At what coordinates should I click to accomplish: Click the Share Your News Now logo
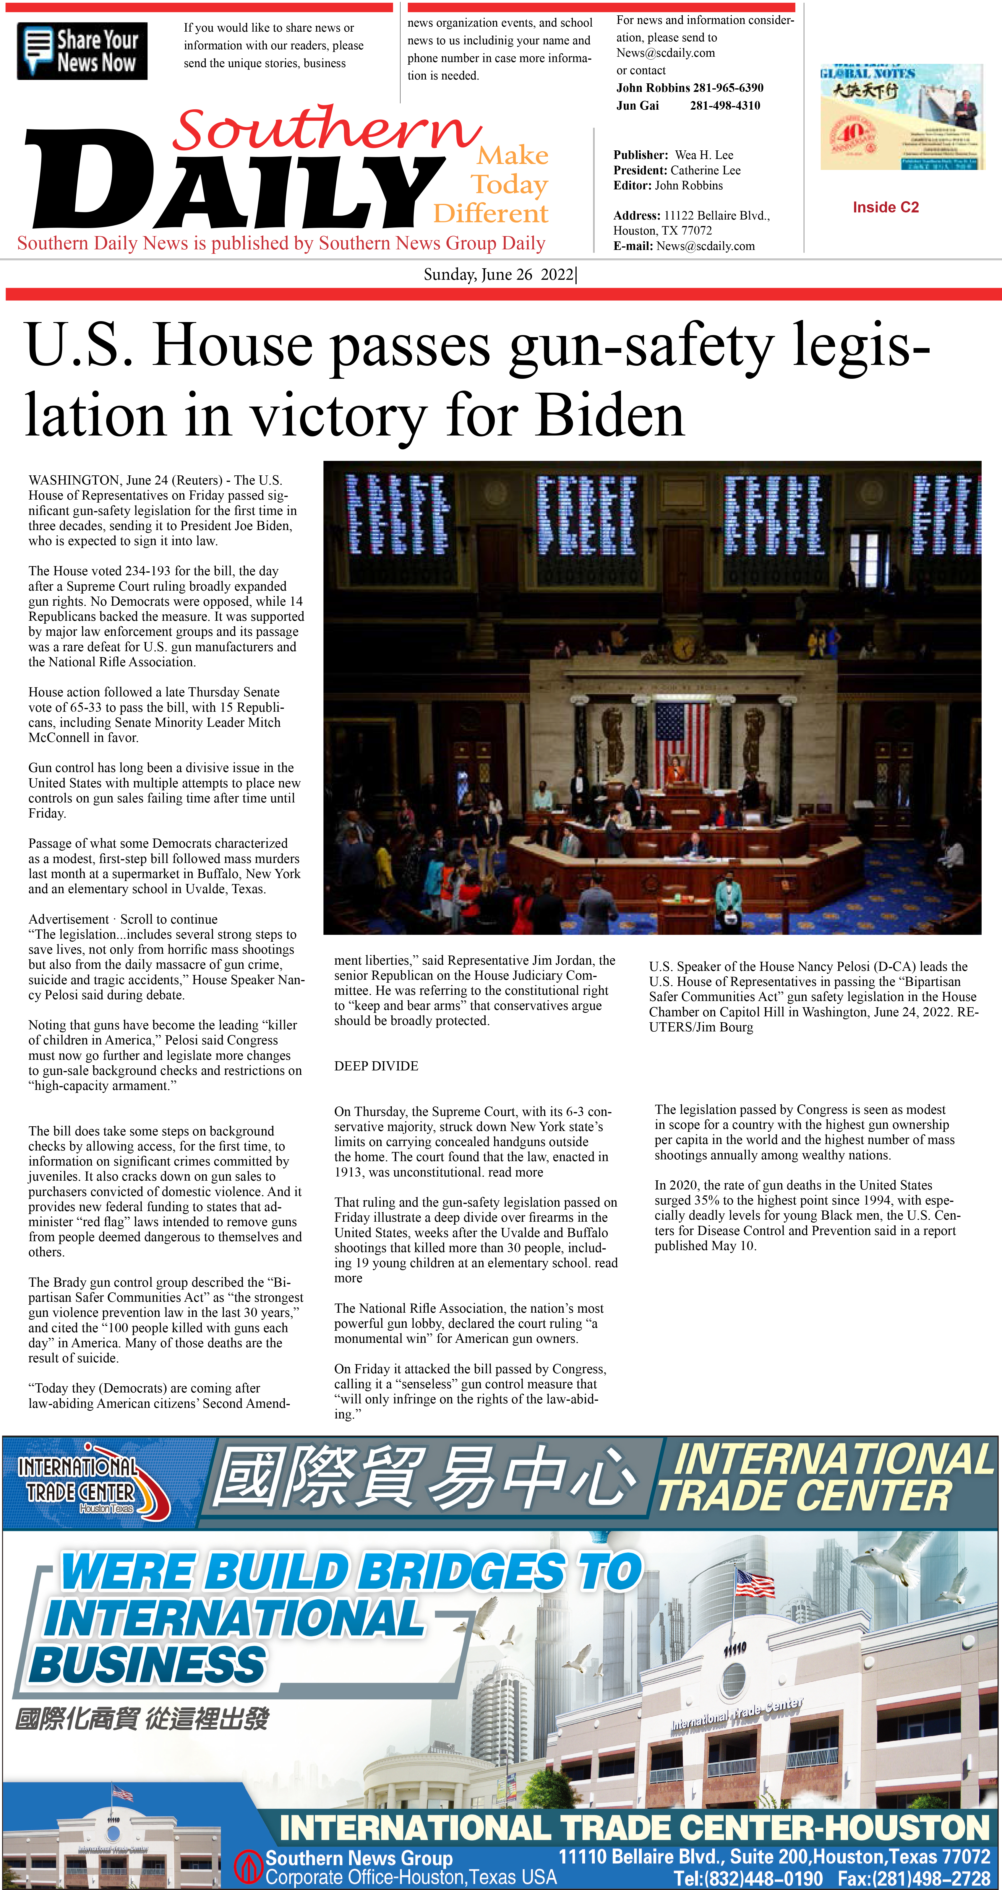pos(82,51)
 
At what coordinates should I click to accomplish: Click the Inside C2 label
pos(885,208)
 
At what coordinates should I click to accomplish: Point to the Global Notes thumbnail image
pos(901,117)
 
